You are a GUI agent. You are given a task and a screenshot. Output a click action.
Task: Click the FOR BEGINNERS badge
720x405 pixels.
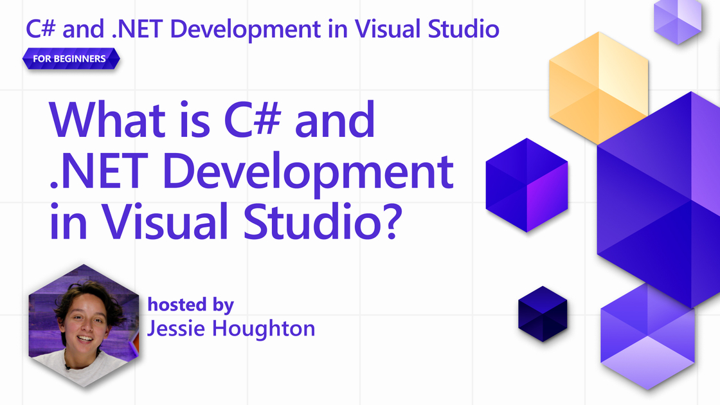pyautogui.click(x=71, y=59)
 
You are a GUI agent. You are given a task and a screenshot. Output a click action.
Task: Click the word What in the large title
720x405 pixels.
pyautogui.click(x=107, y=120)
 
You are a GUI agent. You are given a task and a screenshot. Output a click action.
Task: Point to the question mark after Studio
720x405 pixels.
pyautogui.click(x=391, y=222)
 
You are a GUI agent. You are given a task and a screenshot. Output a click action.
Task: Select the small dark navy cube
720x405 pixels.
pyautogui.click(x=543, y=314)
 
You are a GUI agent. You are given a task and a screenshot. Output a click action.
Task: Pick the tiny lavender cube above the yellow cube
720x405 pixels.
pyautogui.click(x=678, y=21)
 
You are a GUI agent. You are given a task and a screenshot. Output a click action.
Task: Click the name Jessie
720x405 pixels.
pyautogui.click(x=176, y=329)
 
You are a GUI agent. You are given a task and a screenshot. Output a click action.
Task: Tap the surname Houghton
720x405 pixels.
pyautogui.click(x=264, y=328)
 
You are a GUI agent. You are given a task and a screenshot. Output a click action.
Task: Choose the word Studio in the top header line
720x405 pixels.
pyautogui.click(x=464, y=29)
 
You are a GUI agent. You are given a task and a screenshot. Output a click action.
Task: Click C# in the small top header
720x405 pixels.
pyautogui.click(x=41, y=29)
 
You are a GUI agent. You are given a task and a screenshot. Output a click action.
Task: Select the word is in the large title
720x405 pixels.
pyautogui.click(x=195, y=120)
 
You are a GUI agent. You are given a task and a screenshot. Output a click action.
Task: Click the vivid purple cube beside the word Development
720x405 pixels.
pyautogui.click(x=526, y=185)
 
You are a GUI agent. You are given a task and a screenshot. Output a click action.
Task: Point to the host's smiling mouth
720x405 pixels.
pyautogui.click(x=84, y=339)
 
